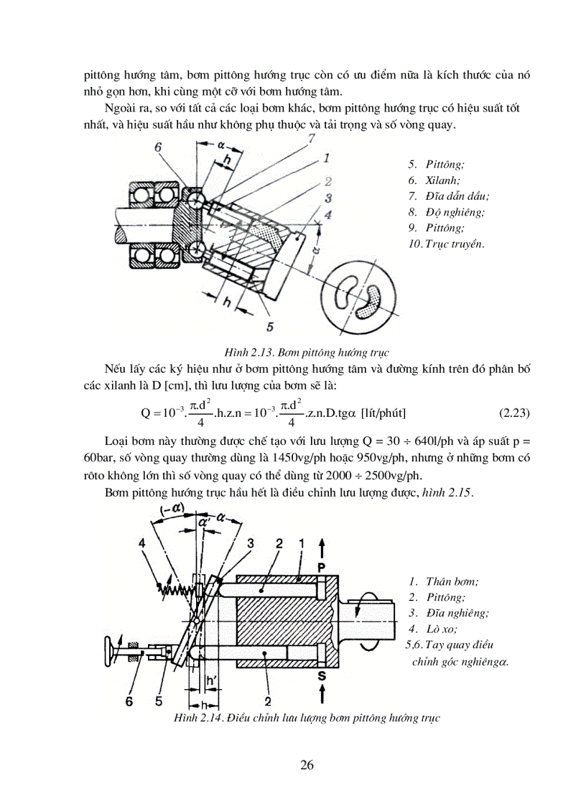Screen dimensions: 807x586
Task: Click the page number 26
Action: (307, 764)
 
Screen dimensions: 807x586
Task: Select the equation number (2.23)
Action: (513, 412)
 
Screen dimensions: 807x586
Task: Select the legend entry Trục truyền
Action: (452, 244)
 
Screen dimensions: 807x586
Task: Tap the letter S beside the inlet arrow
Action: (322, 675)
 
